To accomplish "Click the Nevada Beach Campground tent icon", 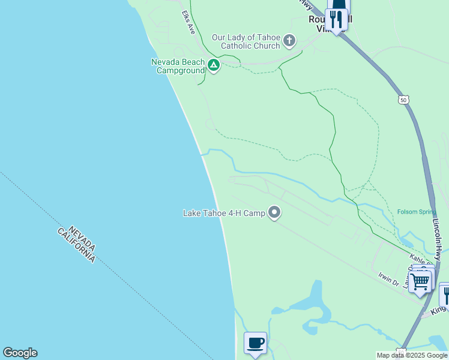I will point(213,65).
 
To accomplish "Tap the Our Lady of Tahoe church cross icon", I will point(289,41).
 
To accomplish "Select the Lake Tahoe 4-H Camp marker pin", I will point(274,213).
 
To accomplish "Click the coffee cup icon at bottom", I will point(255,343).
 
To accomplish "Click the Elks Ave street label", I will point(188,22).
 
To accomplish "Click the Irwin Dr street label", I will point(389,277).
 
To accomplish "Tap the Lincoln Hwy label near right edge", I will point(438,239).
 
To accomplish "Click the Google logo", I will point(20,353).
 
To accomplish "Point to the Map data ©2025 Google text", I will point(412,355).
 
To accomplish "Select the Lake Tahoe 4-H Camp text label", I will point(224,213).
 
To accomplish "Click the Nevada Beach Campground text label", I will point(177,66).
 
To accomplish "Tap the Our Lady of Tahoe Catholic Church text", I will point(247,41).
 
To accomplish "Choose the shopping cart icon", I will point(420,280).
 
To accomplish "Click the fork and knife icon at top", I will point(336,20).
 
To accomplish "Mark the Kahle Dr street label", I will point(420,258).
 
